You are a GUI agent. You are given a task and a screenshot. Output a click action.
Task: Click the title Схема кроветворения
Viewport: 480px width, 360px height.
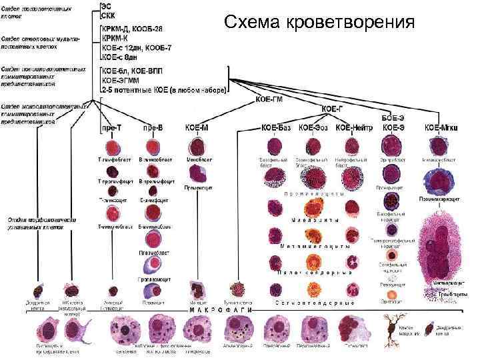coord(319,22)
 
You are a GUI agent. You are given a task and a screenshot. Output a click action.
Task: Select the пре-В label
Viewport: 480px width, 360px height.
coord(153,127)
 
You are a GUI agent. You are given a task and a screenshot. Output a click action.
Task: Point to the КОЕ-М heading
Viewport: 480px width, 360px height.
coord(196,127)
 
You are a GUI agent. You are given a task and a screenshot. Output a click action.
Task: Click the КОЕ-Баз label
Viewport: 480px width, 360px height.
coord(276,127)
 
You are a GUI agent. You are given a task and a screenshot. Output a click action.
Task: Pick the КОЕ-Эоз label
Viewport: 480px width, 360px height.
coord(313,127)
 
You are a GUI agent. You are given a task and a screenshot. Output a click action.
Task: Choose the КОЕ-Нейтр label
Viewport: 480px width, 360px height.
coord(353,127)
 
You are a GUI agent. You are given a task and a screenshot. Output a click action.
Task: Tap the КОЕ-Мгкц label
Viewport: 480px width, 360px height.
coord(441,127)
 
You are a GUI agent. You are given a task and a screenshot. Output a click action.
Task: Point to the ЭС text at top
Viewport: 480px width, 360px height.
coord(106,6)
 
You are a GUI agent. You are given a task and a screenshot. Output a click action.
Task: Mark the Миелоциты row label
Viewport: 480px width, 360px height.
coord(313,220)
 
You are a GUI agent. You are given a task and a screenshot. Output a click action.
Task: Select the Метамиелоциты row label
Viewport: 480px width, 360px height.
coord(313,247)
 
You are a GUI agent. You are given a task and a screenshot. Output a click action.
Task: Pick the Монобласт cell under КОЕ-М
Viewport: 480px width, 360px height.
coord(197,147)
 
